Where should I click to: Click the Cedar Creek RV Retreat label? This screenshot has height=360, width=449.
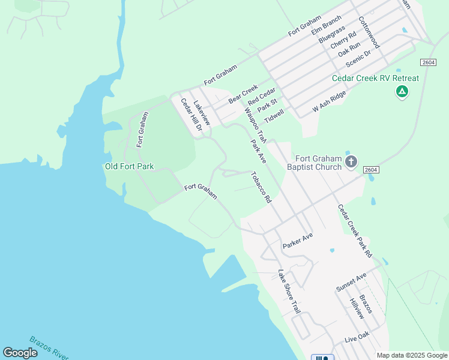(x=376, y=78)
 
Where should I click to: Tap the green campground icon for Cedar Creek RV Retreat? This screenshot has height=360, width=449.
(x=402, y=92)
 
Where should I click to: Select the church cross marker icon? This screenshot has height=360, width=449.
(x=351, y=161)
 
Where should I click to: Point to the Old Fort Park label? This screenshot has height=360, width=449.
(x=129, y=166)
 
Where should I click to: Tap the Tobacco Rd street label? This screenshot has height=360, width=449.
(x=261, y=187)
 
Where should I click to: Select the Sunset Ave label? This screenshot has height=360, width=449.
(x=351, y=282)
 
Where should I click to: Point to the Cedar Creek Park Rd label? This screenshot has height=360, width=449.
(x=355, y=231)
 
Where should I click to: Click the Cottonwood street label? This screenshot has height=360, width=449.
(x=369, y=32)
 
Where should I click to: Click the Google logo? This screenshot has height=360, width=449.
(x=20, y=353)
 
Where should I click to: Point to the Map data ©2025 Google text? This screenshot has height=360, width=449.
(x=411, y=355)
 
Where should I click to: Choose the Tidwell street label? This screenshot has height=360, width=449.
(x=274, y=116)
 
